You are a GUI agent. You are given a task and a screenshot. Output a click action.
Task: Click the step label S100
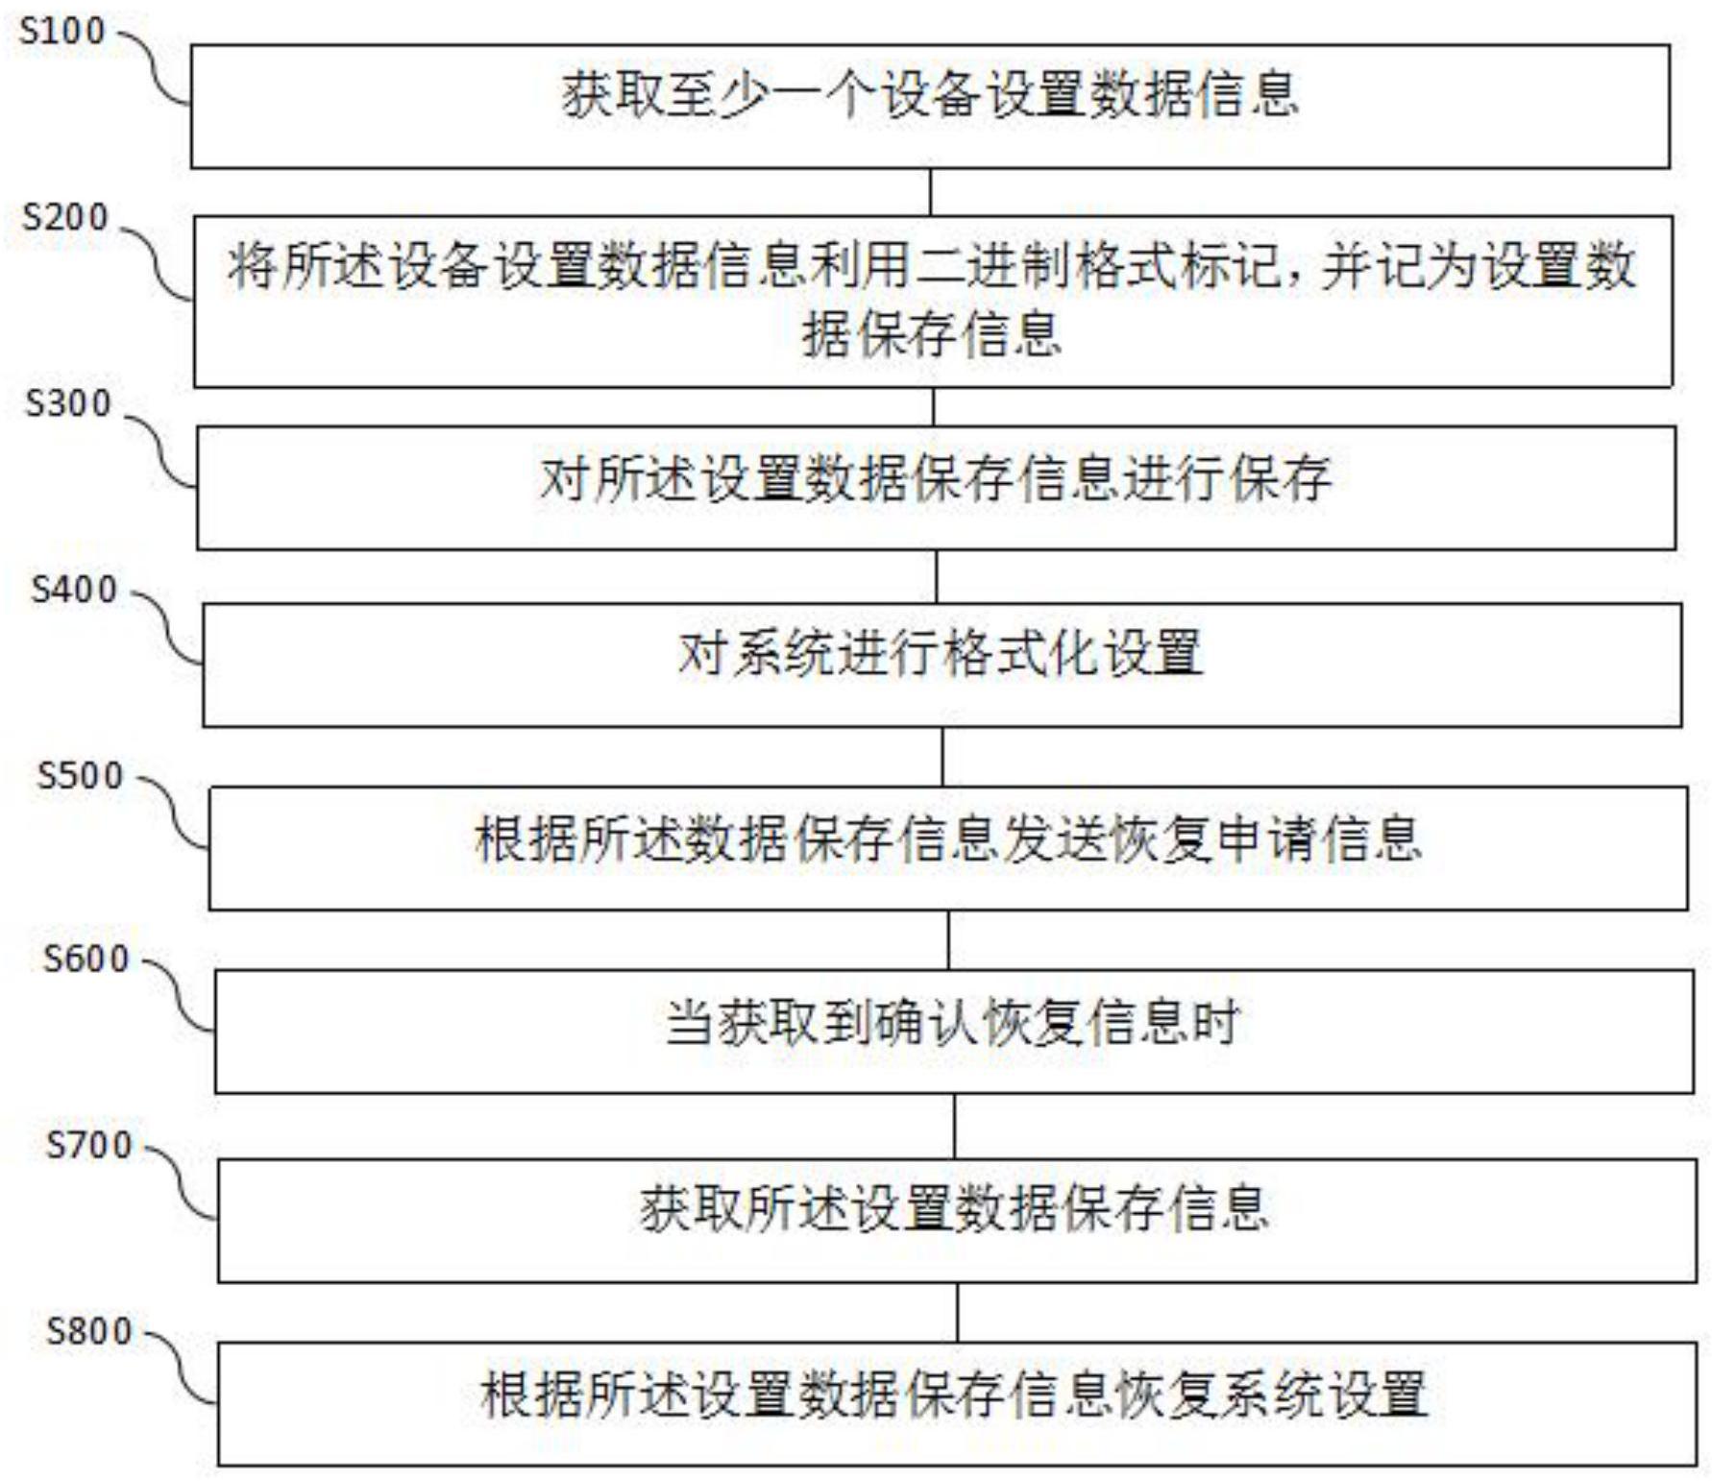(x=62, y=31)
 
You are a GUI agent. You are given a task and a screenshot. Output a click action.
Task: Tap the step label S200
(x=65, y=217)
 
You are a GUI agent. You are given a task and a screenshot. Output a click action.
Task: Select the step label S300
(x=68, y=403)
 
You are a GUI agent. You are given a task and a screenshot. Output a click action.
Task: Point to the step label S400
(x=74, y=589)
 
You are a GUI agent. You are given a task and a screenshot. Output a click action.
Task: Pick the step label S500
(x=80, y=775)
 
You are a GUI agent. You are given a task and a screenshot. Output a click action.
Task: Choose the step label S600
(x=86, y=959)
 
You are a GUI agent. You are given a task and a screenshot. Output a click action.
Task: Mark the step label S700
(x=89, y=1145)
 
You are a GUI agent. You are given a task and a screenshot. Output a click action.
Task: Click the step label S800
(x=89, y=1331)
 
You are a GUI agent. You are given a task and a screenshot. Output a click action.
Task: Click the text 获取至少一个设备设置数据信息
(x=930, y=95)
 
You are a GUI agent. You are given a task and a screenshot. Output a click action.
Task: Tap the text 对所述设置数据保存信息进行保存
(x=936, y=478)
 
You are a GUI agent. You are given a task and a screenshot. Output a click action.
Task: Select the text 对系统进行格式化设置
(x=941, y=653)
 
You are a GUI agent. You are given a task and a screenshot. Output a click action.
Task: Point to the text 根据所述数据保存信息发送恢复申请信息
(x=948, y=838)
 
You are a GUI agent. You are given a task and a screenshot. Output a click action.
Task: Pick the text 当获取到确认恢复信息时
(x=953, y=1022)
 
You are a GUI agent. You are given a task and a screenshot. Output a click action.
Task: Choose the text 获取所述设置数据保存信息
(x=955, y=1207)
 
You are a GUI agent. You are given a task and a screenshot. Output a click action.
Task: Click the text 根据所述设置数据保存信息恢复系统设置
(x=955, y=1395)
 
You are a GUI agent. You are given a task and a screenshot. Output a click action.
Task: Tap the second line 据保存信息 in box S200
(x=932, y=335)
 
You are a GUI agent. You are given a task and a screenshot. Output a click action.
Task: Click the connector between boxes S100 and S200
(x=930, y=192)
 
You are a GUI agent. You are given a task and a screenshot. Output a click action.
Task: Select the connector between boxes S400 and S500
(x=942, y=757)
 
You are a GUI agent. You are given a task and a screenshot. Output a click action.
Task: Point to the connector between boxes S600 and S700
(x=954, y=1126)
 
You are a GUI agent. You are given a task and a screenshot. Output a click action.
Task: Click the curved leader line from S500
(x=174, y=812)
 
